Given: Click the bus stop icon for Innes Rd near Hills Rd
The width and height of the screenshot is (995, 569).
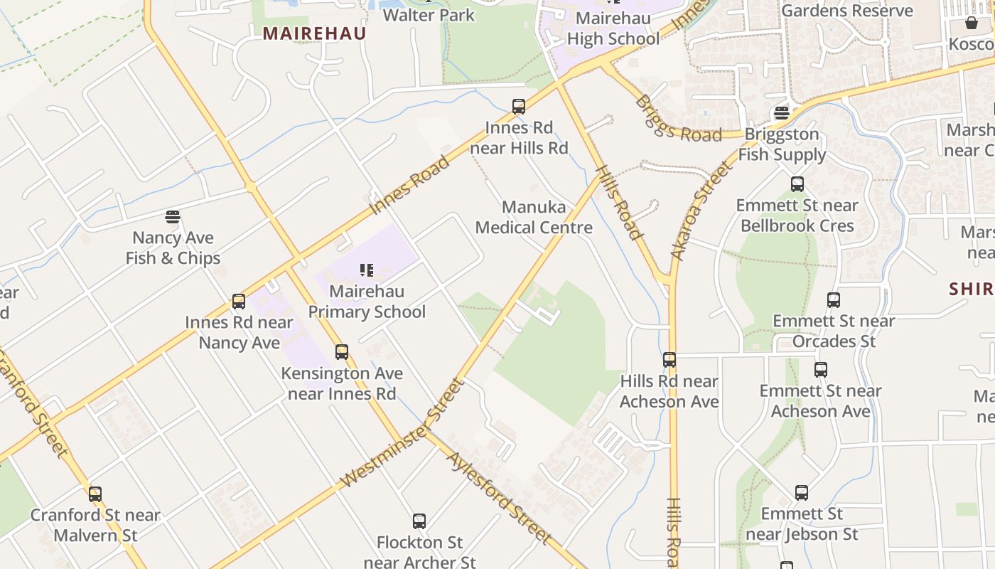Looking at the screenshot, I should (519, 107).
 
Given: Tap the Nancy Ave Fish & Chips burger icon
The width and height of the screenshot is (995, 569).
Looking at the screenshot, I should (173, 216).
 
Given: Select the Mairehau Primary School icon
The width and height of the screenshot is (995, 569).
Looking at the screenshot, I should (367, 270).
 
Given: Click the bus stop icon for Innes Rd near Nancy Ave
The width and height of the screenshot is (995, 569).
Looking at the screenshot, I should (239, 302).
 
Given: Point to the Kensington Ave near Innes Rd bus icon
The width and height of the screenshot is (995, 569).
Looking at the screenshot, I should (342, 352).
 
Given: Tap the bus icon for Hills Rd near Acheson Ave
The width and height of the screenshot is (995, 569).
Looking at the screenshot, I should (669, 360).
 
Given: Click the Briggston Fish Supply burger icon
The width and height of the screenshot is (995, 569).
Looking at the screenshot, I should (782, 113).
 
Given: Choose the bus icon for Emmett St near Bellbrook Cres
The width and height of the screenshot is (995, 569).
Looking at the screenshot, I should (797, 184).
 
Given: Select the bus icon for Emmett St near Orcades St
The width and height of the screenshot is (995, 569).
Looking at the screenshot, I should (834, 300).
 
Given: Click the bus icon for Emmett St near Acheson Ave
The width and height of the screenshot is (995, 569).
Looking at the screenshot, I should (821, 370).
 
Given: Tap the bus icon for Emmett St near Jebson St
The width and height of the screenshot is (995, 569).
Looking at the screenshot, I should (802, 493).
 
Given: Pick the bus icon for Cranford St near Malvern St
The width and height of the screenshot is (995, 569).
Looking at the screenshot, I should (95, 494).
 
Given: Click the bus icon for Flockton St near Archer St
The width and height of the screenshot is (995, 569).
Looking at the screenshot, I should (419, 521).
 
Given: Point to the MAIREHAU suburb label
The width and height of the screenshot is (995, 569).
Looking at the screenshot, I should (314, 33).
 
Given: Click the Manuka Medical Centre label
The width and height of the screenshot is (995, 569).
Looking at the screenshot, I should (534, 217).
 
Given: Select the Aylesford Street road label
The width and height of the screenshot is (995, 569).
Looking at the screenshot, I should (499, 497).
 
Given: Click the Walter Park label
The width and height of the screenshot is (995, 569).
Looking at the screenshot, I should (429, 15).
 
